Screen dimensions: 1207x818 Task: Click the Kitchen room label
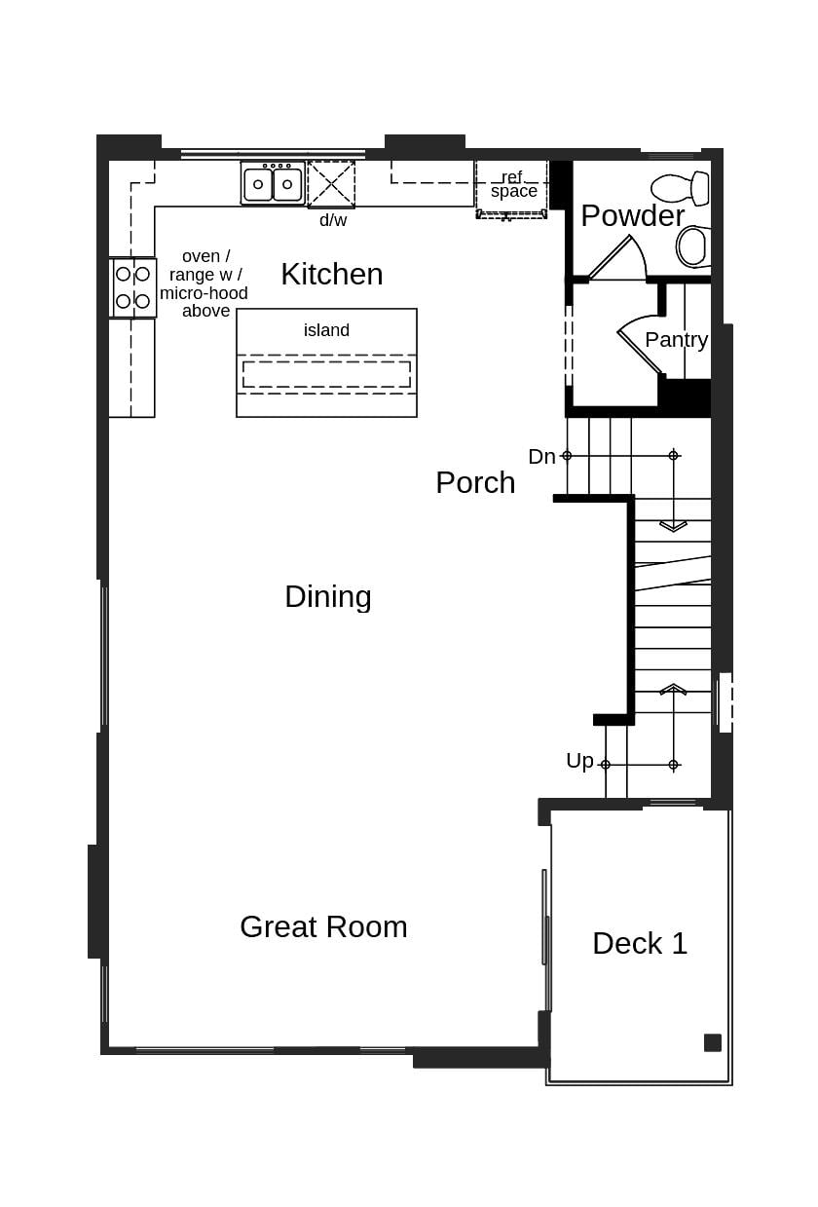tap(331, 275)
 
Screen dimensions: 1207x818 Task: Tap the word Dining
tap(327, 596)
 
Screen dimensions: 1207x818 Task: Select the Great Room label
tap(323, 926)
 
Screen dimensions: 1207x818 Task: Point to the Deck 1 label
tap(640, 943)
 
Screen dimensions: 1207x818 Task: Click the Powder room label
tap(632, 215)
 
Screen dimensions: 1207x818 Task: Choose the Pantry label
tap(676, 340)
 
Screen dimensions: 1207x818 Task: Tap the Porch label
tap(475, 482)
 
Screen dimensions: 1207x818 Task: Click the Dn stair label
tap(541, 457)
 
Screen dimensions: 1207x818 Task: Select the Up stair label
tap(579, 761)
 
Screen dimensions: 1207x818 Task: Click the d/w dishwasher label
tap(333, 220)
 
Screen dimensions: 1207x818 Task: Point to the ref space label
tap(513, 184)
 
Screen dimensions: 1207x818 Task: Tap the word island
tap(326, 330)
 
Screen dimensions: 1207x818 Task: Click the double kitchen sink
tap(273, 183)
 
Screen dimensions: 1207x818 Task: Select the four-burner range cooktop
tap(132, 287)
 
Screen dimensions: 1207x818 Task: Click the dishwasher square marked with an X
tap(331, 184)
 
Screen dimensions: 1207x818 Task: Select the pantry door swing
tap(641, 341)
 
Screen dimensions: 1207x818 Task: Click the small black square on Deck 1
tap(713, 1042)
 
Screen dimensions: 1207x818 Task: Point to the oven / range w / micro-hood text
tap(204, 283)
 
